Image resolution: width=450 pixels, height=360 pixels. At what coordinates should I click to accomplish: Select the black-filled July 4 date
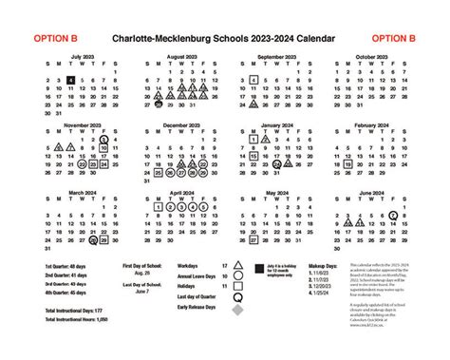tap(72, 81)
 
